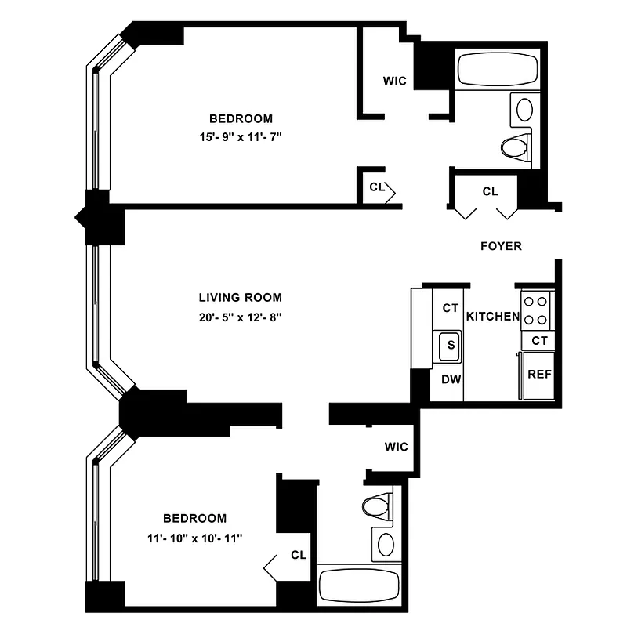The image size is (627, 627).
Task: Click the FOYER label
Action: point(501,246)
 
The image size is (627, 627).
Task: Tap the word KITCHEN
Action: point(493,317)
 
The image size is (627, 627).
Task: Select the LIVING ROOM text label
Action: point(240,298)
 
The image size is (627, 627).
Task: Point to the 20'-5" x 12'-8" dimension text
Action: point(240,317)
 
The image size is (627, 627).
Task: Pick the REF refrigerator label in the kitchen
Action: point(538,375)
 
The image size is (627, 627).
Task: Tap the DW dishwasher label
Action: point(450,379)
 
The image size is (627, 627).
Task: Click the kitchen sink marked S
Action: point(450,345)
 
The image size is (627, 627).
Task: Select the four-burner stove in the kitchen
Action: point(538,309)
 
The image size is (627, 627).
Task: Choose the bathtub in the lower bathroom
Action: point(360,585)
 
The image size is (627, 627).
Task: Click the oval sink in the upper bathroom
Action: point(523,108)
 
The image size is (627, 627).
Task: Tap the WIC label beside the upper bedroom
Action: point(395,82)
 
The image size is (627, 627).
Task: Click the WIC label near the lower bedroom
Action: point(397,447)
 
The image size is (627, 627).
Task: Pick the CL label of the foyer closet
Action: point(491,191)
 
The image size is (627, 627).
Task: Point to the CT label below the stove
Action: point(539,341)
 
